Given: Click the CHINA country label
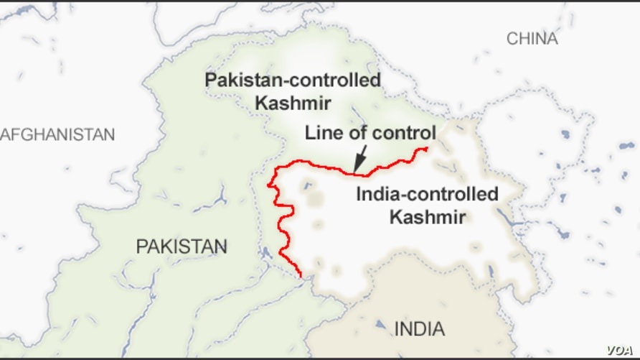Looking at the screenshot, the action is coord(532,39).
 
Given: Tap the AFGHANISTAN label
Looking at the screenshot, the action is coord(57,134).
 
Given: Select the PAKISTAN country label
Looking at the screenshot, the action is coord(182,246).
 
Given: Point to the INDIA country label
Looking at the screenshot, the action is coord(420,330).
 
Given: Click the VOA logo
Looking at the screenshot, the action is coord(621,349).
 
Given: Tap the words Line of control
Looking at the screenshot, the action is coord(370,133).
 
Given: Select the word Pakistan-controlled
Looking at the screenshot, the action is coord(293,80).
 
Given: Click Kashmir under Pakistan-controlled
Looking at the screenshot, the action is coord(293,102).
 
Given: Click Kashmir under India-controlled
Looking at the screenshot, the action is coord(427,216).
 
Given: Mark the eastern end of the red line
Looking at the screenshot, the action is coord(428,149).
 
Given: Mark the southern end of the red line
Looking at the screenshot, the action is coord(300,274).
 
